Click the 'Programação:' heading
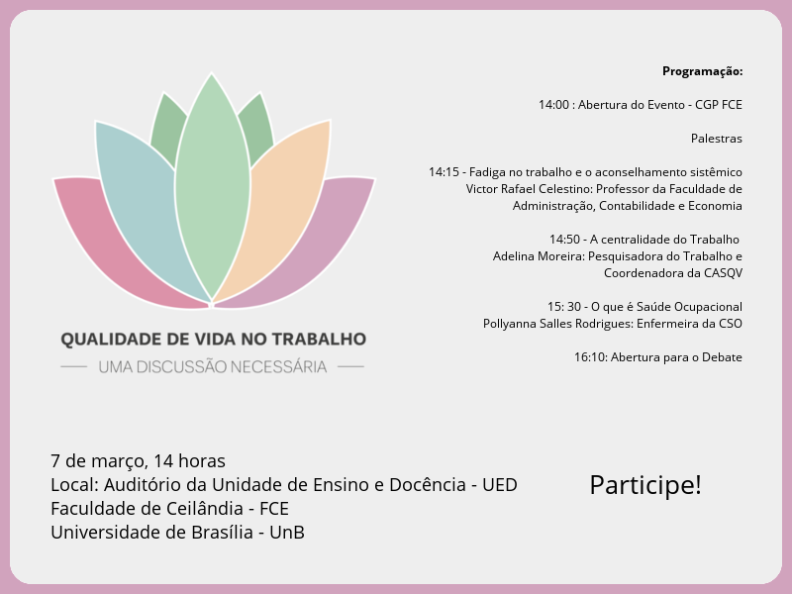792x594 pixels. pos(702,71)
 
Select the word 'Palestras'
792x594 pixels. pos(717,139)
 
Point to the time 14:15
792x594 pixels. pos(444,172)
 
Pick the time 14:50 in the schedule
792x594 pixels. pos(564,240)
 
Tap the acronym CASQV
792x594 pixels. pos(724,273)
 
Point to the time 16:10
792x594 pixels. pos(590,357)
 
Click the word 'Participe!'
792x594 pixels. pos(645,485)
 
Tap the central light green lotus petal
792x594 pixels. pos(212,188)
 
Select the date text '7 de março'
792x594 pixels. pos(97,461)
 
